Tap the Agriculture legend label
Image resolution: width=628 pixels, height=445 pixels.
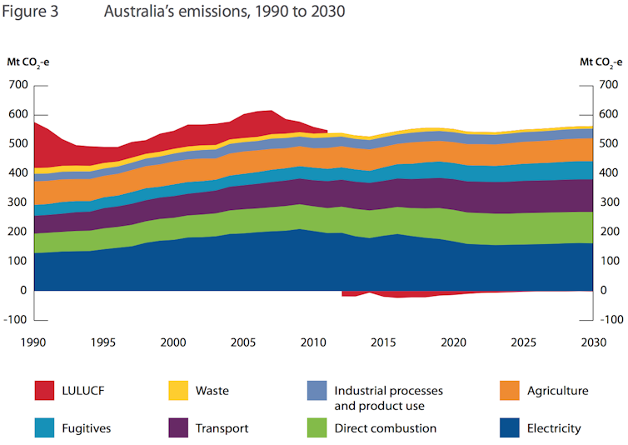tap(557, 390)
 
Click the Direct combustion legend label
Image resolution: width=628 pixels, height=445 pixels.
tap(385, 428)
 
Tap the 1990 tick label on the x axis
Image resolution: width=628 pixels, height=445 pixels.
tap(33, 342)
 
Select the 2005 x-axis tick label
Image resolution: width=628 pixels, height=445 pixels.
tap(242, 342)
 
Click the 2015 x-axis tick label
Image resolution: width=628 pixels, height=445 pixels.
tap(381, 342)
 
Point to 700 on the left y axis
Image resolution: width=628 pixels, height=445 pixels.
tap(17, 85)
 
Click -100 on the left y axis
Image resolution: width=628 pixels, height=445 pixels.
tap(17, 320)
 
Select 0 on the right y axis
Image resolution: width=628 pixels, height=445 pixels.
tap(602, 291)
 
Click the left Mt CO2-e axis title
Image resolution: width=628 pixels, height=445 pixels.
tap(28, 62)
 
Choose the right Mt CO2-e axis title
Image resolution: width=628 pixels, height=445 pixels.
tap(601, 62)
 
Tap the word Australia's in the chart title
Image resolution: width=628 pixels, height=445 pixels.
tap(136, 12)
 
